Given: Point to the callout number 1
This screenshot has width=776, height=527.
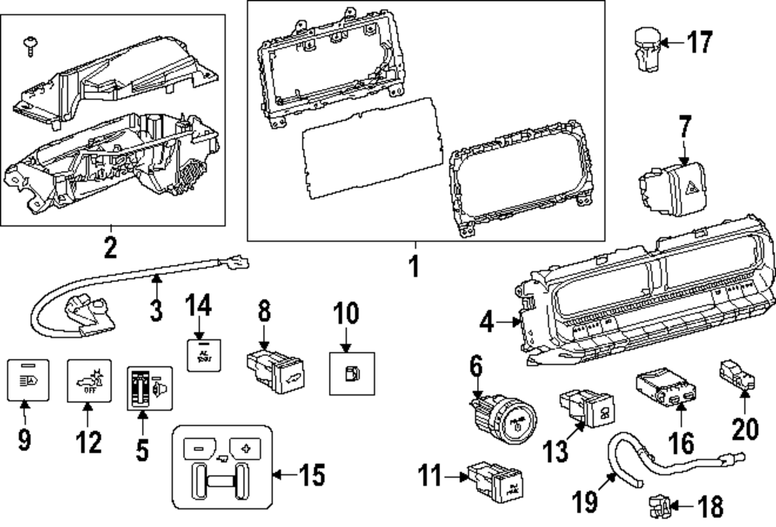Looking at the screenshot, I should [413, 267].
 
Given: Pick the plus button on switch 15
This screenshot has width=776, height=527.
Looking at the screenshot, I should [248, 447].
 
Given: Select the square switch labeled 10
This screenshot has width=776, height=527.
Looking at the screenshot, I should [347, 372].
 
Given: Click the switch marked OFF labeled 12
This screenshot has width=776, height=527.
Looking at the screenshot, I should [90, 379].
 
